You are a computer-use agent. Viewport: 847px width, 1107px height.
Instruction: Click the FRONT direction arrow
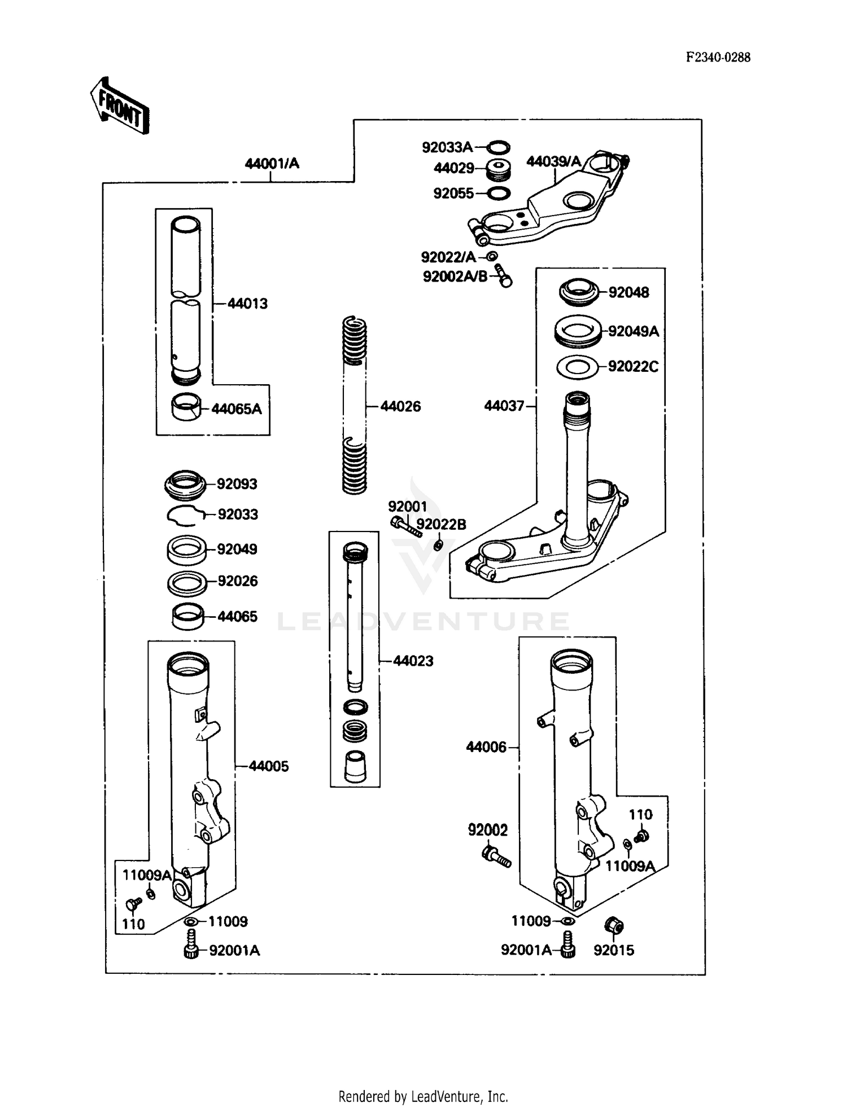tap(120, 106)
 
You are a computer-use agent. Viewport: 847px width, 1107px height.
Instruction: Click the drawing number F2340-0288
tap(718, 57)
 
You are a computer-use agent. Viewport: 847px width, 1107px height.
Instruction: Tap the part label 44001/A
tap(272, 164)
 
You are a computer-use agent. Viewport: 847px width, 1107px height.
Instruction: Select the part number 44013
tap(247, 304)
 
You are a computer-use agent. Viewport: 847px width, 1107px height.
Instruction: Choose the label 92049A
tap(634, 331)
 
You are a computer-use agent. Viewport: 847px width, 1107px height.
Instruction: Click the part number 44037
tap(504, 406)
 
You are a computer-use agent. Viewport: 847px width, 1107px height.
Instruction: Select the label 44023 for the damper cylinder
tap(413, 661)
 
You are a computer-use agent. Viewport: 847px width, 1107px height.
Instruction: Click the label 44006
tap(486, 747)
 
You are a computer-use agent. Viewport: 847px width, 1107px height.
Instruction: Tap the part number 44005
tap(269, 766)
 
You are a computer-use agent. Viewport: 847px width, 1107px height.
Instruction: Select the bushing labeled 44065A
tap(186, 407)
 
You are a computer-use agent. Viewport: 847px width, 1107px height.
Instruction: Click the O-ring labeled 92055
tap(497, 194)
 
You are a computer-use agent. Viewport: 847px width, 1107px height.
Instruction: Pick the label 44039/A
tap(553, 162)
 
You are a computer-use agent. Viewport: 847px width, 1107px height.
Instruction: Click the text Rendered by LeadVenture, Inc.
tap(423, 1096)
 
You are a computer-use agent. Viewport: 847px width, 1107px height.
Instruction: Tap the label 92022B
tap(441, 525)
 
